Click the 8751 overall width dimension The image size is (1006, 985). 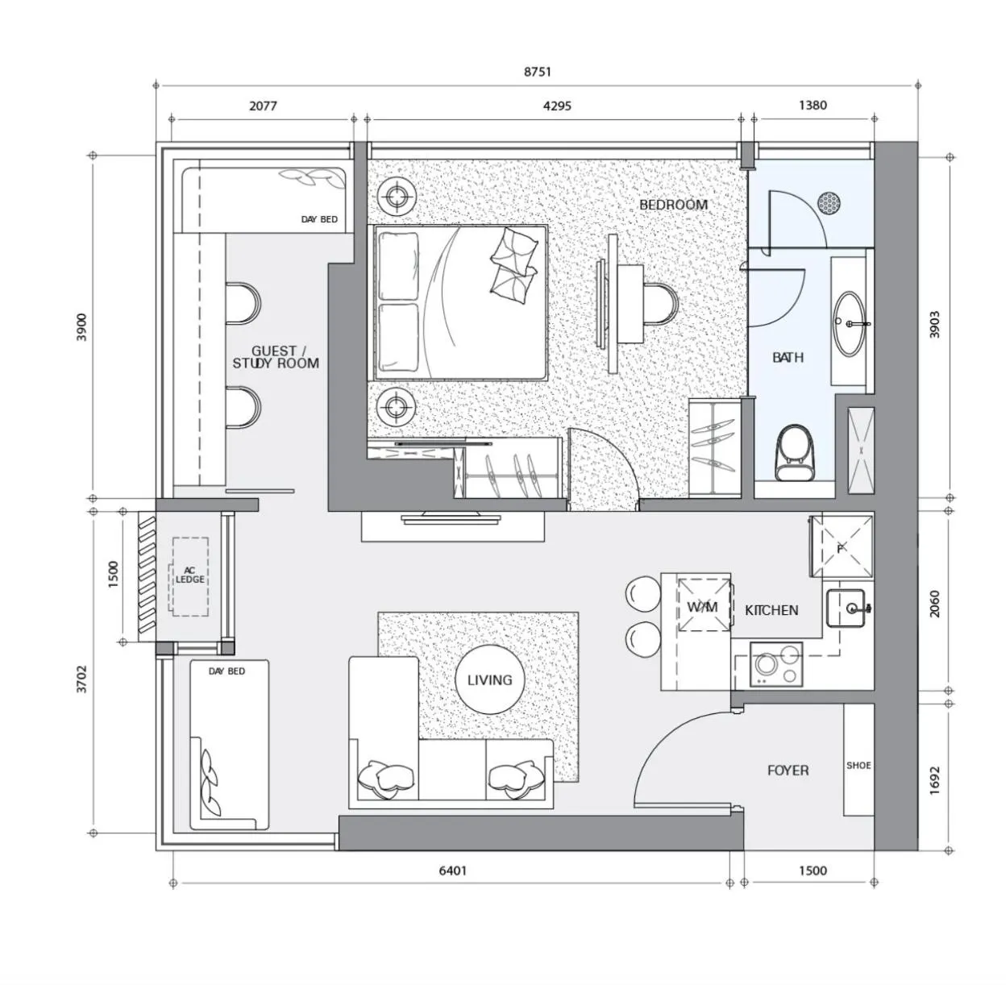[538, 72]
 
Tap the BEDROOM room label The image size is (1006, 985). [673, 205]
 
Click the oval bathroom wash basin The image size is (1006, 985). [850, 323]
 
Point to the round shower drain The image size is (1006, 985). [829, 202]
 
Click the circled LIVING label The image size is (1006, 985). [489, 680]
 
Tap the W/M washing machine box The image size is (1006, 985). [702, 605]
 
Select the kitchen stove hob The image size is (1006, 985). [775, 665]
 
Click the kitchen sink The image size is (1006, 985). [846, 608]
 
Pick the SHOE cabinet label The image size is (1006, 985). [858, 765]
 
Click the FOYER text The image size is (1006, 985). [788, 771]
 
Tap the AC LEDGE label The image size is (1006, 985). [189, 576]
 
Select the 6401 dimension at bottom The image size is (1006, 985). [452, 871]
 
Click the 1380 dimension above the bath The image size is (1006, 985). [813, 105]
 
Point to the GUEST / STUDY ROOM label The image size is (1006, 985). [276, 357]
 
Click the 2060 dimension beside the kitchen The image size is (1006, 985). [935, 604]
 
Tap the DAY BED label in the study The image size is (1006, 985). [319, 219]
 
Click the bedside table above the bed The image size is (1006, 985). [397, 196]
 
